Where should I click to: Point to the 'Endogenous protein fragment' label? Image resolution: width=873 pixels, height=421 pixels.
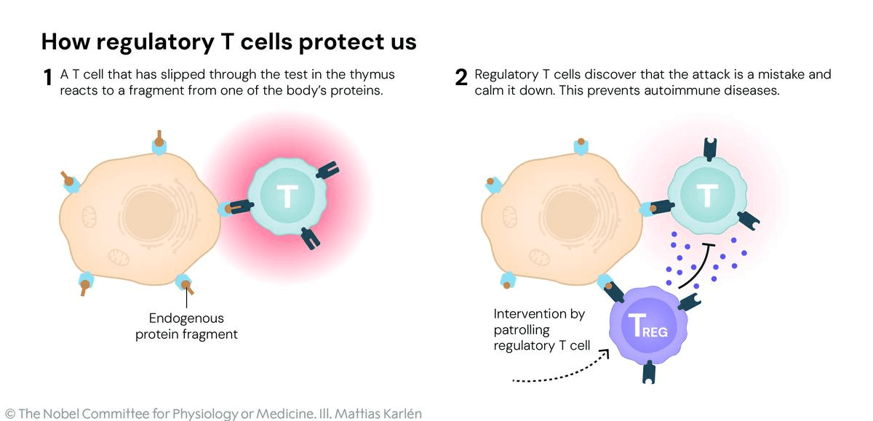(186, 326)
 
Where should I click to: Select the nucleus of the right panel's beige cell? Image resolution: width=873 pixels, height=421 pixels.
(568, 211)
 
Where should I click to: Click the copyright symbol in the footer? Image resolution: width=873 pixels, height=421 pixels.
(9, 414)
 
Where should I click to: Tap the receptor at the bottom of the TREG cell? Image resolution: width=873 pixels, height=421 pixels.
(648, 373)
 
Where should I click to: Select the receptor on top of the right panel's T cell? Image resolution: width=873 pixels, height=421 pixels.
(709, 150)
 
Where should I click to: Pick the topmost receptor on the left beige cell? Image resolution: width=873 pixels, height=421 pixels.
(159, 143)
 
